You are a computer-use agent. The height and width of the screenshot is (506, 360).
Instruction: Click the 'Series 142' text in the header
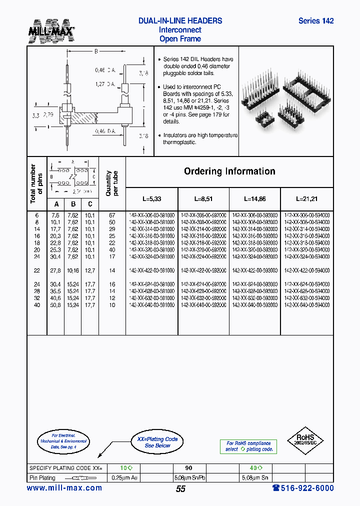315,21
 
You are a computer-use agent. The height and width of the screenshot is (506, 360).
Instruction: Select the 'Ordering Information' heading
229,171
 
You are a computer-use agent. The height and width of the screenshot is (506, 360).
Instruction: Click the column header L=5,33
151,198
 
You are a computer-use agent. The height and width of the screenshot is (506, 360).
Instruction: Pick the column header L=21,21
306,198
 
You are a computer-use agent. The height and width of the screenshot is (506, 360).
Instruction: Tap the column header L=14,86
254,198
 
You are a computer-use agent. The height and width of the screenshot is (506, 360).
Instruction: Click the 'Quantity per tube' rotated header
112,183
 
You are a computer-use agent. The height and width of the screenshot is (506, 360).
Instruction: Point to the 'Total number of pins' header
36,183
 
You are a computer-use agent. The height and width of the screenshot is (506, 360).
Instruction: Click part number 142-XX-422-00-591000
151,270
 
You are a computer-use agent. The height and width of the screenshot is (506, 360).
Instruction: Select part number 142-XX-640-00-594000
306,304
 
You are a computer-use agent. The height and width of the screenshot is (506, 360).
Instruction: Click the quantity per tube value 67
112,214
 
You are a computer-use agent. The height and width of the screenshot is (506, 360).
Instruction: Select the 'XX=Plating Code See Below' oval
157,442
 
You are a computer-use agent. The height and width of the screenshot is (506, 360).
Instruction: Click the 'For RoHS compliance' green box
248,446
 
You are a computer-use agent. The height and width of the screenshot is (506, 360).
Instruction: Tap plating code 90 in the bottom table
188,468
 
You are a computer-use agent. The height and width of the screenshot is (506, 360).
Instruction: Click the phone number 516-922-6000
303,488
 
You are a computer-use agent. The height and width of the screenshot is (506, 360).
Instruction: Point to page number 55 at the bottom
180,489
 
